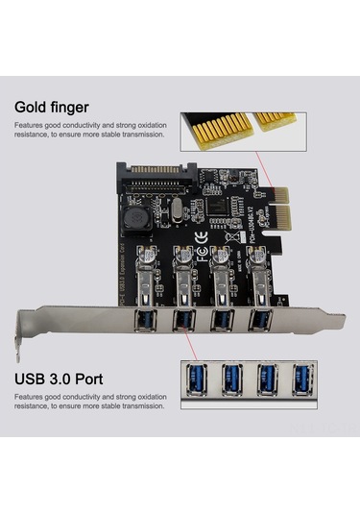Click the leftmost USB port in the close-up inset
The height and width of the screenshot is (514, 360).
tap(196, 378)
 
